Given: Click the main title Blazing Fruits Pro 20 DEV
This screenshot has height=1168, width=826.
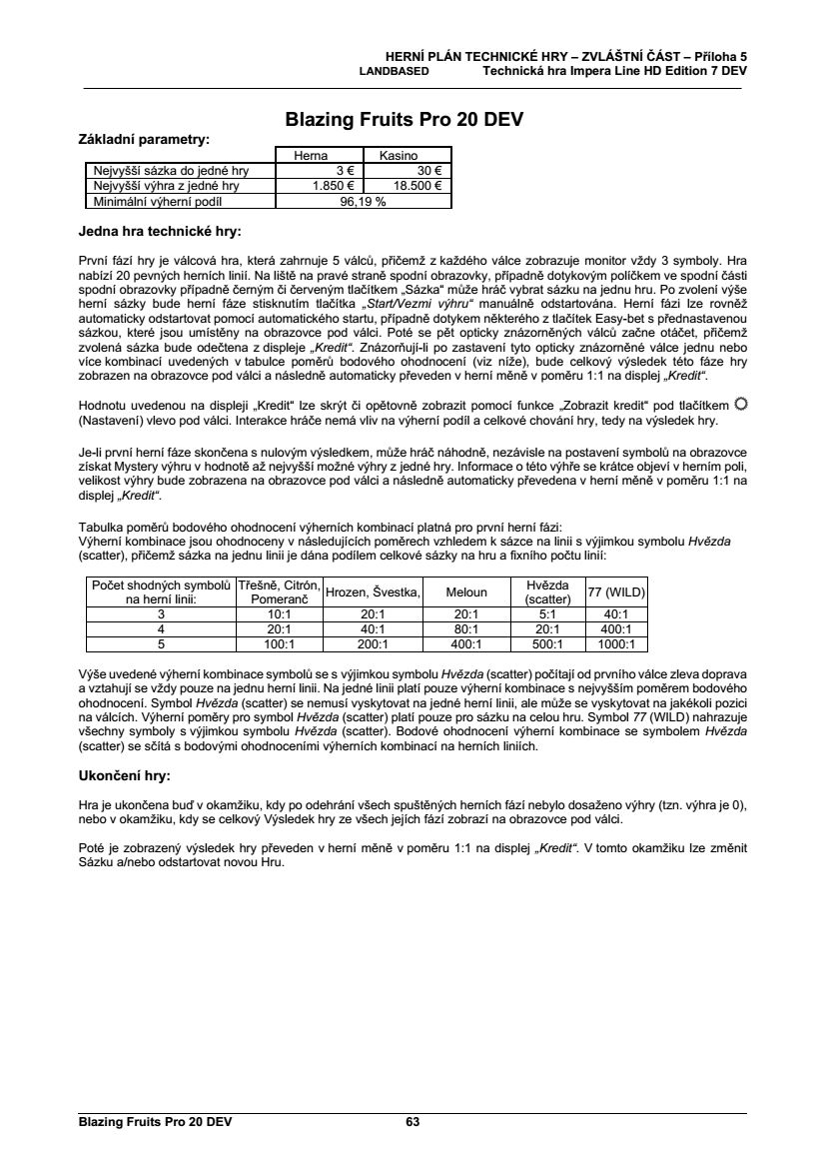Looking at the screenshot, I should [405, 121].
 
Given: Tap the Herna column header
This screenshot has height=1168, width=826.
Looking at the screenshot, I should [310, 156].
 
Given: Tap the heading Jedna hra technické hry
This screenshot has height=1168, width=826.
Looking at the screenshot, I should [159, 232].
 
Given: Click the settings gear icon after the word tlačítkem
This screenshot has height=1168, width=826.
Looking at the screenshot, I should [740, 403].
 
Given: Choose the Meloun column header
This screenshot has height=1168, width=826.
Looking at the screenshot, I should [466, 591].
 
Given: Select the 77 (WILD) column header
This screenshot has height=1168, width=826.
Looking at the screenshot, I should [616, 591].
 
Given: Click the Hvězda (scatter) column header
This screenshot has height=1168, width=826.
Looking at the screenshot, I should [547, 591].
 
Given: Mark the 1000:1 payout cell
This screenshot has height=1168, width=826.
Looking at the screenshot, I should [616, 644].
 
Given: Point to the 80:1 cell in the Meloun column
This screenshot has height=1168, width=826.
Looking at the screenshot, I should [466, 629].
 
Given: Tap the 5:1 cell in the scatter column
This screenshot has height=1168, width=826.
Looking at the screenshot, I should [547, 614].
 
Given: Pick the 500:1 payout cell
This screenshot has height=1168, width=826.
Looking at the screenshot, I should [547, 644].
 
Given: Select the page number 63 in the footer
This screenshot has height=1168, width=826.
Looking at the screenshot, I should [413, 1122].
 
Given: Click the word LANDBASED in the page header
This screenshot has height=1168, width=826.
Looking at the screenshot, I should [394, 71].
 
